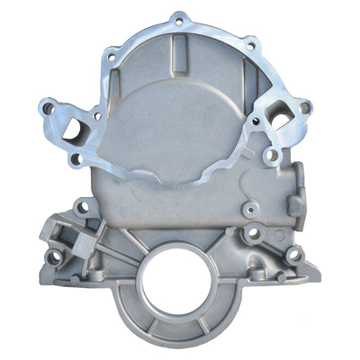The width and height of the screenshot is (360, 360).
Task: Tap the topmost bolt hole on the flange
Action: (179, 19)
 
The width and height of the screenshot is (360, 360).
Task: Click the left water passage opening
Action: (70, 129)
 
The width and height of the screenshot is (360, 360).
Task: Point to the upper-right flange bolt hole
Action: (251, 43)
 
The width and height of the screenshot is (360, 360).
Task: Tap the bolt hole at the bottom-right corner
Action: (293, 255)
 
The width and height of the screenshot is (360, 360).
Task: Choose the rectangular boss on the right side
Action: (294, 205)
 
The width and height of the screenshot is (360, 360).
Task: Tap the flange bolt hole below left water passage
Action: (76, 159)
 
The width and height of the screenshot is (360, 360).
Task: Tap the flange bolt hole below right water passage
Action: (270, 155)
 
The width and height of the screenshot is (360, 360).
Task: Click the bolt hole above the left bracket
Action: (83, 206)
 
